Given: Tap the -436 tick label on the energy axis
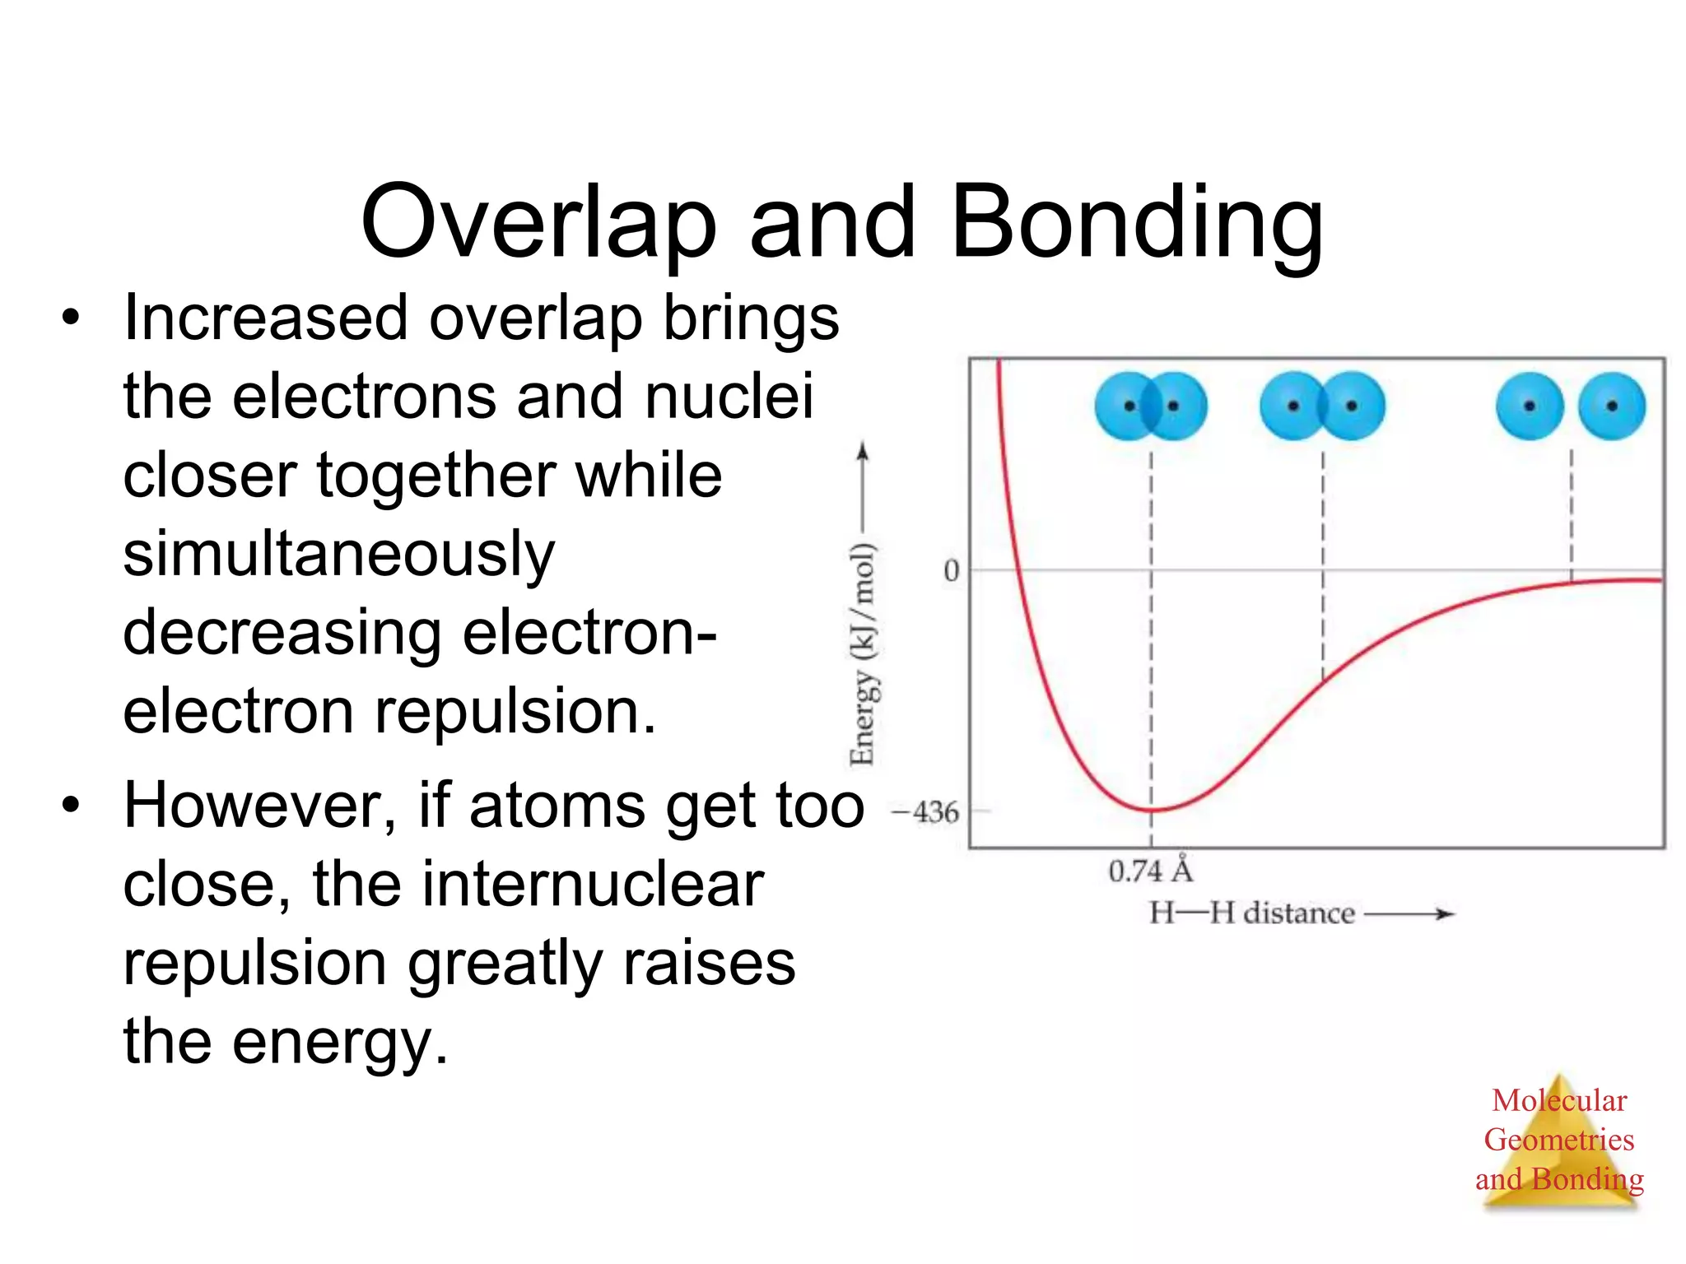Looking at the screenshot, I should click(927, 813).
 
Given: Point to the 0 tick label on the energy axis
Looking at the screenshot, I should click(951, 570).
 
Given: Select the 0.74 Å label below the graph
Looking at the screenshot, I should click(1150, 871).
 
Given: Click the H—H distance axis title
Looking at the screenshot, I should click(1251, 913).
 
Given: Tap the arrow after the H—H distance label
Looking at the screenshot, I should click(1409, 914).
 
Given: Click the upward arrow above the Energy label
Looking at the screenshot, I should click(862, 486).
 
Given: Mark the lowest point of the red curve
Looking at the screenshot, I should click(1151, 811).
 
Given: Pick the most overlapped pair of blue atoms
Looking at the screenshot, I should click(1151, 406).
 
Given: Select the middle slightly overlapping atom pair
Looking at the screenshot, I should click(1322, 406).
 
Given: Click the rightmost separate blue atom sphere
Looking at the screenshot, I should click(1611, 406).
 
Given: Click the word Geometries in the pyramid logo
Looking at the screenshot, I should click(1558, 1140).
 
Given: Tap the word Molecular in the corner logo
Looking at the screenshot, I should click(1558, 1100).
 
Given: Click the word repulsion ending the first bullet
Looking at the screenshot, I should click(516, 712).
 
